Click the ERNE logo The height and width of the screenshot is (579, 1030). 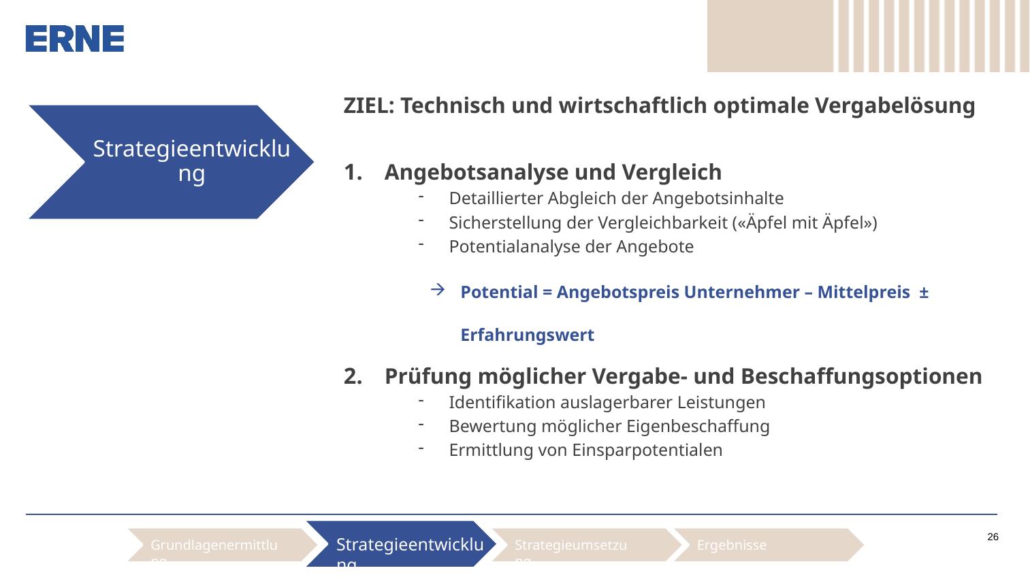point(74,39)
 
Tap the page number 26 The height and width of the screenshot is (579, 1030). point(993,537)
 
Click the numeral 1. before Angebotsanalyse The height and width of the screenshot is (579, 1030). point(353,172)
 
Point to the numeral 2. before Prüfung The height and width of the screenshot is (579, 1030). point(353,376)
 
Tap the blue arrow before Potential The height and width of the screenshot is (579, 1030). point(438,290)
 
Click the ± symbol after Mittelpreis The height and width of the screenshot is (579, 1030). point(924,293)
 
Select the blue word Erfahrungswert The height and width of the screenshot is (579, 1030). point(528,335)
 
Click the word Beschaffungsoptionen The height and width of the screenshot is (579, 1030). point(861,377)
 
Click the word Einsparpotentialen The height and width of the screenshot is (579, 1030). point(647,450)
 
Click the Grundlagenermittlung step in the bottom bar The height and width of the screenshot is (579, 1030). point(223,545)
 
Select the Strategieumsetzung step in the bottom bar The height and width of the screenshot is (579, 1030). point(587,545)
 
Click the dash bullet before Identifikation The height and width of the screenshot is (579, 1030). point(421,401)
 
